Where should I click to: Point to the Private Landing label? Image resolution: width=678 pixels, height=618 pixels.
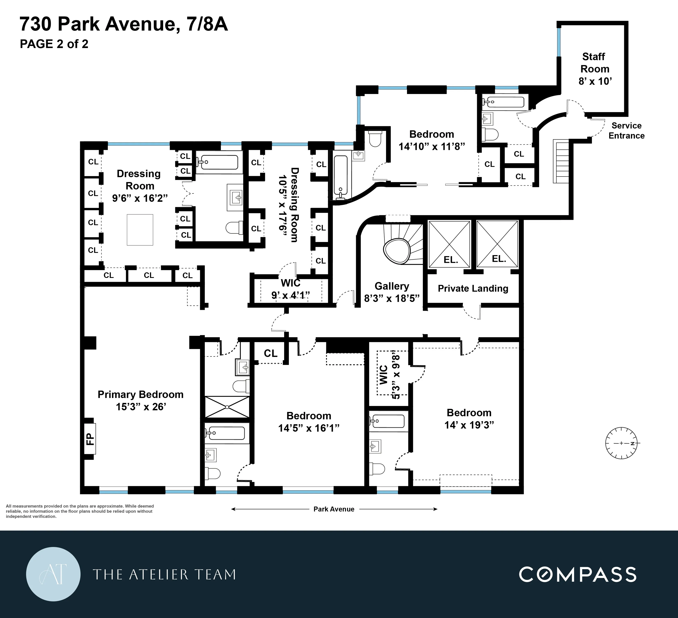(x=473, y=288)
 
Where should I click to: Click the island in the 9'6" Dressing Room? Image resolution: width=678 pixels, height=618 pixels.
(x=140, y=229)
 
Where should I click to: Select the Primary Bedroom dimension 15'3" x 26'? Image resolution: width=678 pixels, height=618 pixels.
(x=141, y=407)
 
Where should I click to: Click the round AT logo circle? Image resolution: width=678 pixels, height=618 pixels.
(x=53, y=574)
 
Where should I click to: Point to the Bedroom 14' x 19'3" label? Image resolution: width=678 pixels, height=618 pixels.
(x=469, y=419)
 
